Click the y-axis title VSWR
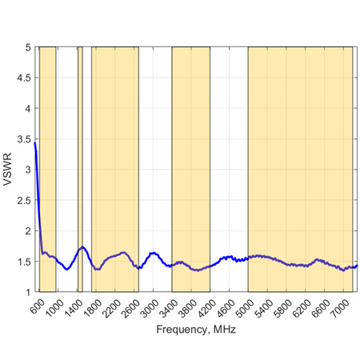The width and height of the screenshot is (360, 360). pos(7,170)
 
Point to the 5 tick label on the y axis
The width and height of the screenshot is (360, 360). pos(27,47)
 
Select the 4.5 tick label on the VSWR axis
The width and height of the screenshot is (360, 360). pos(24,78)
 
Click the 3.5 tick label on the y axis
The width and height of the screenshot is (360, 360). pos(24,139)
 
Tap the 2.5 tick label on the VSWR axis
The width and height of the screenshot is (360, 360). pos(24,201)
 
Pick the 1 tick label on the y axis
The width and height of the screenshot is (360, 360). pos(27,293)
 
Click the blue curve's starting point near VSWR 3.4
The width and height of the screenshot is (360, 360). pos(35,144)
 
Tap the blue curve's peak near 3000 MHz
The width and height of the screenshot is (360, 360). pos(152,253)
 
